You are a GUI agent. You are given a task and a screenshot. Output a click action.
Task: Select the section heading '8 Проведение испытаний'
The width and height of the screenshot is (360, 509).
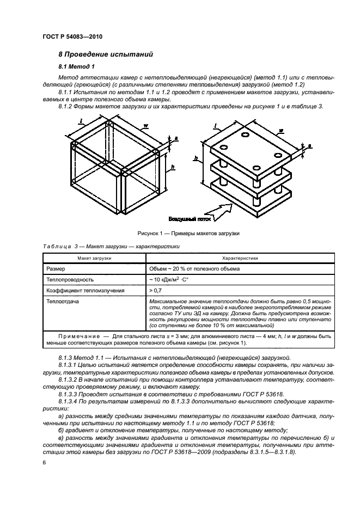(106, 54)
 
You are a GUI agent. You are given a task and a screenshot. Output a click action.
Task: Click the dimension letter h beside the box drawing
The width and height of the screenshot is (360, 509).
(172, 167)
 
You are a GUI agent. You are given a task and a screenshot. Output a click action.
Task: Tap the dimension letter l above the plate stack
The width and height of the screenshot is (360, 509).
(216, 126)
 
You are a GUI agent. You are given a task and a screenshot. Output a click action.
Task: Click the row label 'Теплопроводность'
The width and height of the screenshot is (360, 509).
(71, 279)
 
